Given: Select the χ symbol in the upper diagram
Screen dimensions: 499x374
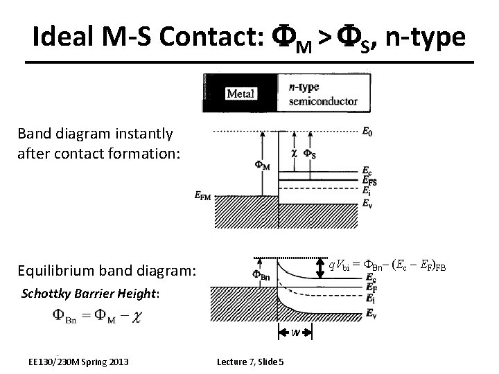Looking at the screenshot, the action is coord(293,153).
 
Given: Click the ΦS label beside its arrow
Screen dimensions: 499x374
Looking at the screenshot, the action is coord(314,153).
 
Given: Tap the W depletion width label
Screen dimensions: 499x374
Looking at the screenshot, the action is coord(295,333).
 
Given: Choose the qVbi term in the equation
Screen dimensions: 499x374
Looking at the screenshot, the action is coord(339,265).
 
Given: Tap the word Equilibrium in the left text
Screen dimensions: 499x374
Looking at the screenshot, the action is coord(53,271).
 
